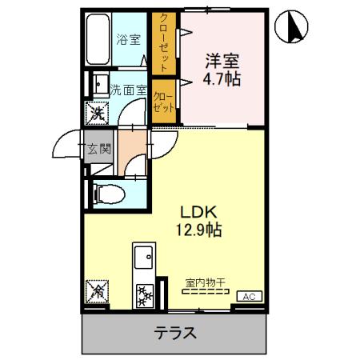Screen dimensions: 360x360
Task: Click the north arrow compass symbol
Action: pos(290,28)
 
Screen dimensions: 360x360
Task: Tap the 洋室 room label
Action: pos(221,61)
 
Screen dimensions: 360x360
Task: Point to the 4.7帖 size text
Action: pos(222,79)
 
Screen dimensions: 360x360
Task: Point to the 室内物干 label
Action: pos(206,282)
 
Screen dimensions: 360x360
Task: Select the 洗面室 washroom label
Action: pos(129,91)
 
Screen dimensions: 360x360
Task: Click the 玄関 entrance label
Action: pos(98,146)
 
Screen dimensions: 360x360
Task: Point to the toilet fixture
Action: pos(105,193)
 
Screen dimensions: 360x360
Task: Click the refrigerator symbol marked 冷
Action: pos(98,293)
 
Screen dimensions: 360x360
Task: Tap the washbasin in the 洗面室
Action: pos(100,83)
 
